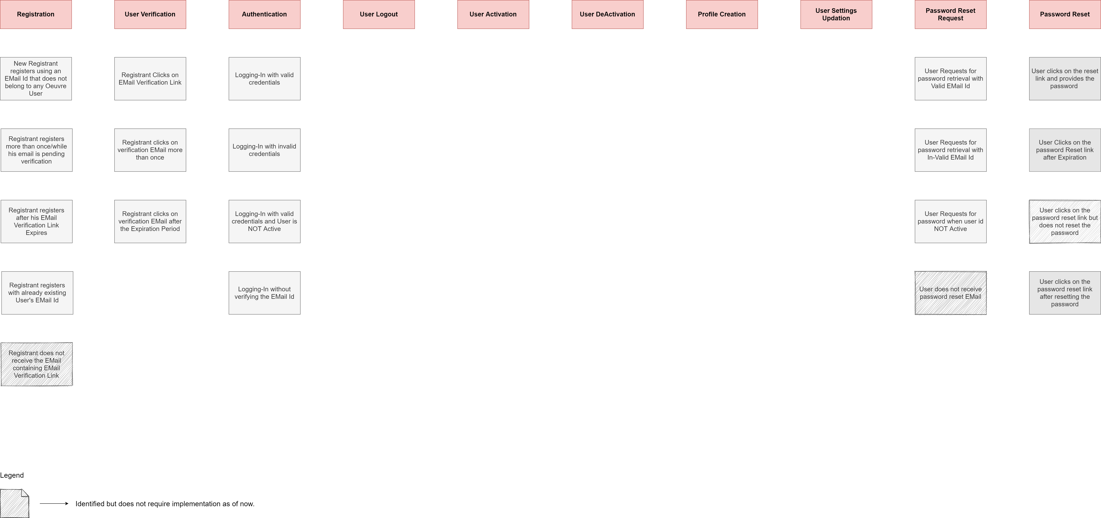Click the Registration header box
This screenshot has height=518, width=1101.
[36, 14]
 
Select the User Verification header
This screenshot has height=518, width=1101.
[150, 14]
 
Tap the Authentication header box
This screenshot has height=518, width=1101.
[264, 14]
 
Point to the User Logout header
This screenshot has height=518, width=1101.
[379, 14]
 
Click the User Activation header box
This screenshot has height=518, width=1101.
[493, 14]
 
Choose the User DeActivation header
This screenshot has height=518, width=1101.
[607, 14]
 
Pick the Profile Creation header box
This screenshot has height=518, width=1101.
[721, 14]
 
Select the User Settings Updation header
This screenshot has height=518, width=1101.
[836, 14]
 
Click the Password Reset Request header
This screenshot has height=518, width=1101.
[950, 14]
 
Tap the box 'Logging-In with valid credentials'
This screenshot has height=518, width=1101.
[264, 79]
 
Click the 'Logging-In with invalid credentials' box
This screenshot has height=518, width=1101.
[264, 150]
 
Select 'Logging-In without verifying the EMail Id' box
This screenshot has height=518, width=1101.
[264, 293]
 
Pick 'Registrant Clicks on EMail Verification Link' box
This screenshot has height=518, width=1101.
[150, 79]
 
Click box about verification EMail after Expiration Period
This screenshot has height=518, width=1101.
[150, 221]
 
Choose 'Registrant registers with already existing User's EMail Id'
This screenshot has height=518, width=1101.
[37, 293]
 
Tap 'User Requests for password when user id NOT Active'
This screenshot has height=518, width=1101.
[950, 221]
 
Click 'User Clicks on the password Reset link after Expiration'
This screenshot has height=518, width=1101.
[1065, 150]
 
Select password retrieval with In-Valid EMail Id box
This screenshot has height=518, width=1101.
[950, 150]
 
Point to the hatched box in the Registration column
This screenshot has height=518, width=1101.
[36, 364]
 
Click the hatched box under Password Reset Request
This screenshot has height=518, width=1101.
[951, 293]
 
